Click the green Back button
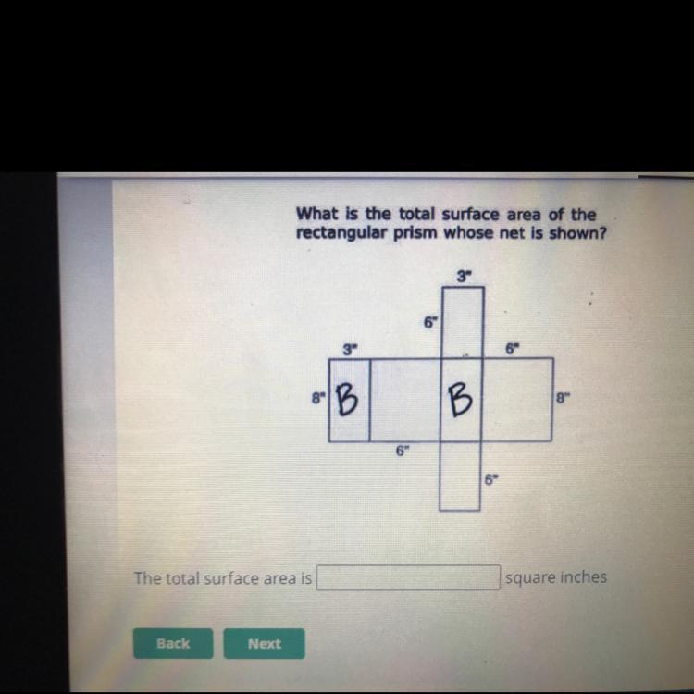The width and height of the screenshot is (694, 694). point(173,643)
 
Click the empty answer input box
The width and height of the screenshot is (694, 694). point(408,577)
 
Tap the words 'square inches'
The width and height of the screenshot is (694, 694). point(556,577)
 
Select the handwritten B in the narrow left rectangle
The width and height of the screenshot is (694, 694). point(347,399)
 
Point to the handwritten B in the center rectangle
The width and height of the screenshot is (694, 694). point(460,400)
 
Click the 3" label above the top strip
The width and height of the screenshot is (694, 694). point(464,277)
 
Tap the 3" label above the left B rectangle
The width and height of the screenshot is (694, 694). point(350,350)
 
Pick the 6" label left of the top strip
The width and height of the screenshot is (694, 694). point(430,323)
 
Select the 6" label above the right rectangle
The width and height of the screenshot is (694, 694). point(512,349)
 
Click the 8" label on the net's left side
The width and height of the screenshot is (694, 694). point(318,398)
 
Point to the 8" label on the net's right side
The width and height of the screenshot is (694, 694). point(562,398)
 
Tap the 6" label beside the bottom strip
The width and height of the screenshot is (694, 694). point(490,479)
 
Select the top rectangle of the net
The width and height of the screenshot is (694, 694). point(463,323)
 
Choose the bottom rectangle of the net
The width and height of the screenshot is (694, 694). point(460,476)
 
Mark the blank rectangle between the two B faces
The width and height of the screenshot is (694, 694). point(405,400)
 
